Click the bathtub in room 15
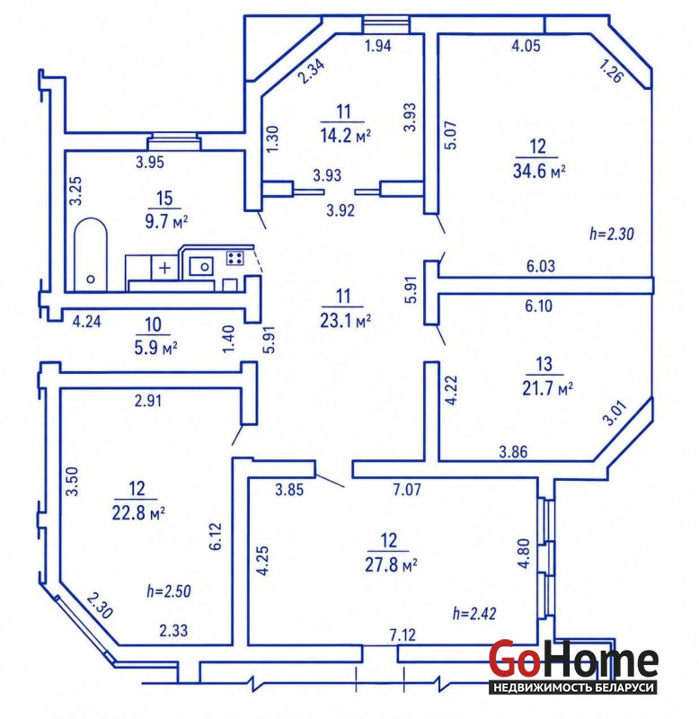tap(91, 254)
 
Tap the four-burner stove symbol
tap(235, 258)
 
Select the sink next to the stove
tap(201, 266)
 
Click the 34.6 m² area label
tap(538, 172)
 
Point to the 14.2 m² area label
tap(345, 136)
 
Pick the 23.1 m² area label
tap(345, 321)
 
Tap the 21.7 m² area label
tap(547, 389)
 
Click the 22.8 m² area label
tap(138, 512)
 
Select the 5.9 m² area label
tap(155, 348)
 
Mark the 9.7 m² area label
tap(166, 222)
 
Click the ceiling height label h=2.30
tap(612, 235)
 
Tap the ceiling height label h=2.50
tap(169, 591)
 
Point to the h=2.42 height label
tap(474, 614)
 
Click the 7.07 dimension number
tap(407, 490)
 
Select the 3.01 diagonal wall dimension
tap(615, 413)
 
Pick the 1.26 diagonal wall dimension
tap(611, 72)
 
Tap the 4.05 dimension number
tap(526, 46)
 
